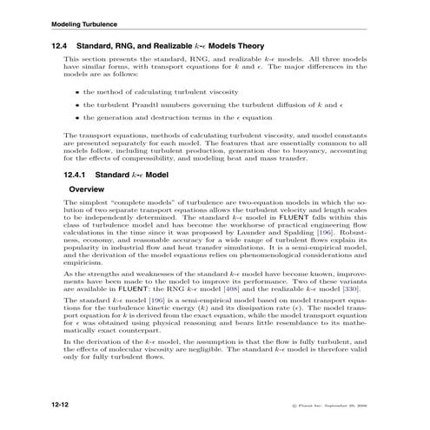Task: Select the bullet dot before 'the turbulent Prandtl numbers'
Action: pyautogui.click(x=76, y=104)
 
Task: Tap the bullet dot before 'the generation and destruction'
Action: pyautogui.click(x=76, y=118)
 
